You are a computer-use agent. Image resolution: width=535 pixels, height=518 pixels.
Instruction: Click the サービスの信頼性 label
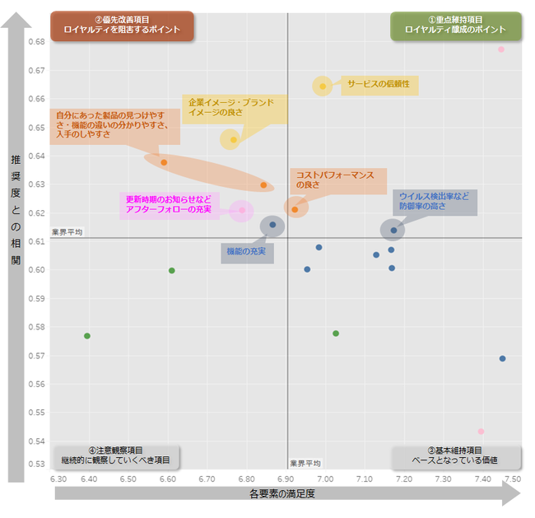tap(378, 84)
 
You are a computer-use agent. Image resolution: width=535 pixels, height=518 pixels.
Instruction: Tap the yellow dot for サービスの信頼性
tap(323, 86)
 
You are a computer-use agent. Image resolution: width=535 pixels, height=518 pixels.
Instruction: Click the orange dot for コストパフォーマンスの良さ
tap(295, 209)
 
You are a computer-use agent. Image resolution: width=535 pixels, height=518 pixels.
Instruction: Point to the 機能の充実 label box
tap(247, 250)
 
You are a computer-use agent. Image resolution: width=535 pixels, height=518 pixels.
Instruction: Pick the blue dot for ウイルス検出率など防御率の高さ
tap(394, 230)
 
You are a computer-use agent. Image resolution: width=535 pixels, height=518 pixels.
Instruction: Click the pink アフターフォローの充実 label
tap(168, 204)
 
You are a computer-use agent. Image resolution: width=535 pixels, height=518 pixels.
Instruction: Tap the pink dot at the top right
tap(500, 49)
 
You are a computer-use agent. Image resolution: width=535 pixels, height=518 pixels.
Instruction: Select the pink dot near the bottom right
tap(481, 432)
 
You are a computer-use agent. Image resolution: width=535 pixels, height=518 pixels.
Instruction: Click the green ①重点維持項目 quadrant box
tap(455, 26)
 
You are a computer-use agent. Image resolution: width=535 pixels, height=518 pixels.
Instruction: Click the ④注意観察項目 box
tap(115, 455)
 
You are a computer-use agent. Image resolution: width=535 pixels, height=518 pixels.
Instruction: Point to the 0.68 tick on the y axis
tap(36, 42)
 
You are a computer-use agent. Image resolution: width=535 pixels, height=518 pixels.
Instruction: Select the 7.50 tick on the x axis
tap(512, 478)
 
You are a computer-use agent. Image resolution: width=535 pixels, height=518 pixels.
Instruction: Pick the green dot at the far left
tap(86, 336)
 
